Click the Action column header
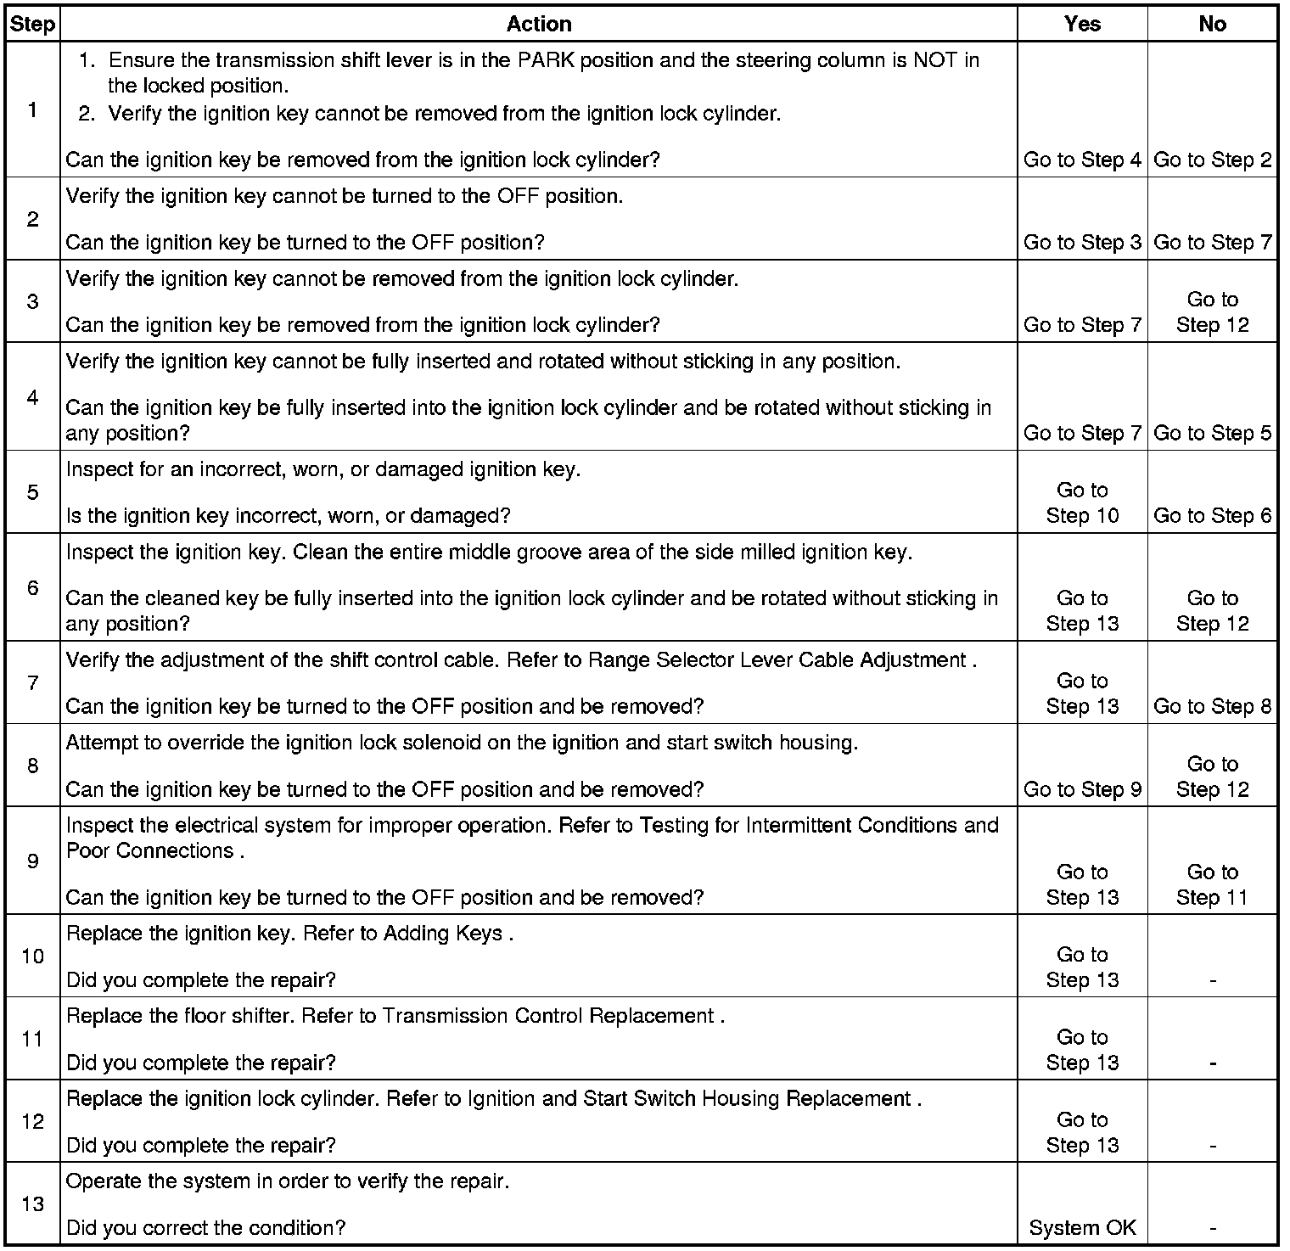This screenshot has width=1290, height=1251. [x=538, y=24]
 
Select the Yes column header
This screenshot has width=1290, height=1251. [x=1082, y=24]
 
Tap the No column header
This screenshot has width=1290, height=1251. [x=1212, y=24]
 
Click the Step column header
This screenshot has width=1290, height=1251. [x=32, y=24]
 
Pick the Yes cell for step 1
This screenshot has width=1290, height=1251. [x=1082, y=160]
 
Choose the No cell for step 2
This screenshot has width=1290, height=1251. [x=1212, y=242]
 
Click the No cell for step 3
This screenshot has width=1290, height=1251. [x=1212, y=311]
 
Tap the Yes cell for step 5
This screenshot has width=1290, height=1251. [x=1082, y=502]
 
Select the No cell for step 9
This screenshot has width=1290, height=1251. [x=1212, y=884]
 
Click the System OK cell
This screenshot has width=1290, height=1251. [x=1082, y=1227]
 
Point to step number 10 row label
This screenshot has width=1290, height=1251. [x=32, y=956]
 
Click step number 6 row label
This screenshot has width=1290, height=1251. [x=32, y=587]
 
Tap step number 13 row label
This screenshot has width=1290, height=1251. [x=32, y=1203]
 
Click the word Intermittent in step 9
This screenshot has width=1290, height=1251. [x=799, y=825]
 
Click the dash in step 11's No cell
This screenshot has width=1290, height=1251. [x=1212, y=1063]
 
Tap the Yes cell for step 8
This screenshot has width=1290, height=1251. [x=1082, y=789]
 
